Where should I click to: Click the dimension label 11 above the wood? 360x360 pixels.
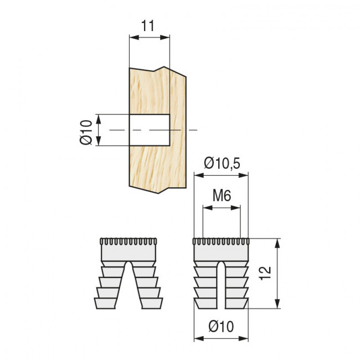click(x=148, y=26)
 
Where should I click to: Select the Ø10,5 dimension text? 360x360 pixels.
click(x=221, y=163)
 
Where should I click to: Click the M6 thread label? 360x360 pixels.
click(x=222, y=196)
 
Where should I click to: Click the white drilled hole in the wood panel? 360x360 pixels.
click(x=148, y=130)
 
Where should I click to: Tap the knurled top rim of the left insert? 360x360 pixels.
click(x=128, y=242)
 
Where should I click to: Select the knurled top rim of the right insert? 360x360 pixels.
click(x=222, y=242)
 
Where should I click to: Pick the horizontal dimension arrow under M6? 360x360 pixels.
click(x=222, y=208)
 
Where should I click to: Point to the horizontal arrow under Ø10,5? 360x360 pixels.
click(x=221, y=176)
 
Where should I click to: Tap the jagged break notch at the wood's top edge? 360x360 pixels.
click(x=163, y=68)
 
